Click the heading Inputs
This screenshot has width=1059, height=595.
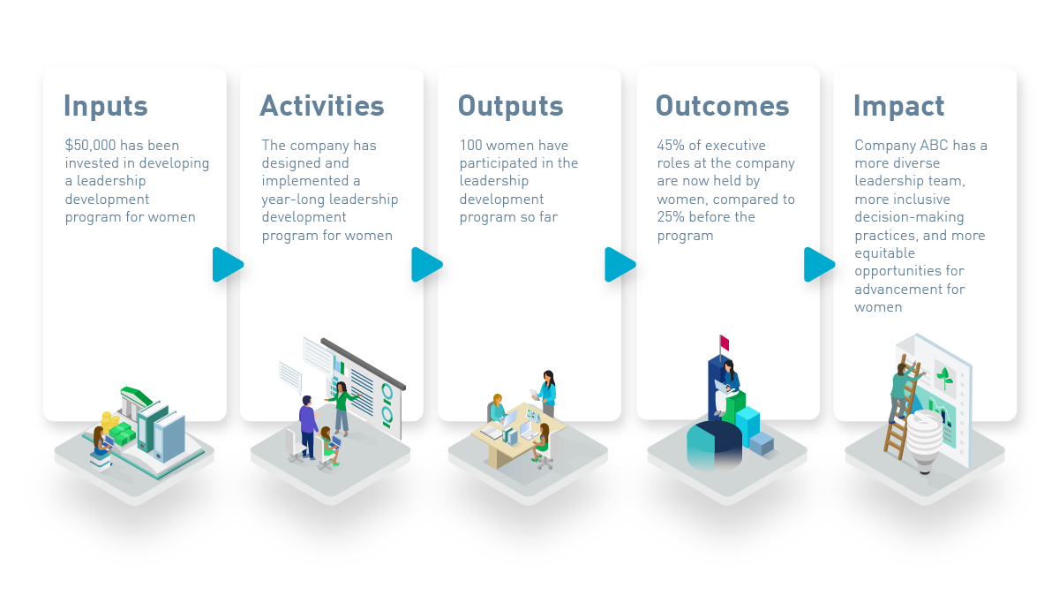click(106, 107)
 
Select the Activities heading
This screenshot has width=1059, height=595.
click(322, 105)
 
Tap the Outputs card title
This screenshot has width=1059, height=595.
click(511, 107)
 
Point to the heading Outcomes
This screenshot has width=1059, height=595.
click(723, 105)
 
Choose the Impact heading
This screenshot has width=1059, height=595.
click(898, 107)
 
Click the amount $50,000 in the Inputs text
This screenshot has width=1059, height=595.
click(90, 145)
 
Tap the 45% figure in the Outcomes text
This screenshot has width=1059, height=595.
click(671, 145)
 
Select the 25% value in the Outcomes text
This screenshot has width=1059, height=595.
click(671, 217)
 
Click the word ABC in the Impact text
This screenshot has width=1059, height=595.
click(934, 145)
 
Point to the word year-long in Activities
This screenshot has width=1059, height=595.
click(288, 200)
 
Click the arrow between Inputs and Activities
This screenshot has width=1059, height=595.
click(228, 264)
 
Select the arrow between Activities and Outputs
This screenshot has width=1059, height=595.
click(426, 264)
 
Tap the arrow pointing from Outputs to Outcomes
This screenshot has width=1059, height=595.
click(620, 264)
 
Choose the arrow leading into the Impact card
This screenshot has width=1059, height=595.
click(819, 264)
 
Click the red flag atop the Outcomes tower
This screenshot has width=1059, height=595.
click(725, 343)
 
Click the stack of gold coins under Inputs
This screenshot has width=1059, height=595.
click(109, 421)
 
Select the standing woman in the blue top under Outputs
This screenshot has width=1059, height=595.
click(547, 393)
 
